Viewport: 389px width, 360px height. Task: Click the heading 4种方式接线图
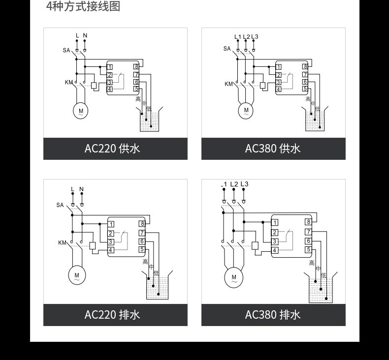83,7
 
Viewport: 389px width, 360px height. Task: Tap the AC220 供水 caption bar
115,149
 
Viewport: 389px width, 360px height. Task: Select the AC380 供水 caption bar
273,149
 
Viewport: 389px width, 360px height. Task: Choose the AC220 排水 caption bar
115,314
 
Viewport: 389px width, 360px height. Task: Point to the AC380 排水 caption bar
273,314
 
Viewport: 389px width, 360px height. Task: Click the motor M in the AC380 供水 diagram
246,111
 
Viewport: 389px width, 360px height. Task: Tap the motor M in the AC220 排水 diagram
76,275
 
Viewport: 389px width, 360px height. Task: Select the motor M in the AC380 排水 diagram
234,278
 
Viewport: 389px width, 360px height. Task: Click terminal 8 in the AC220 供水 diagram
136,67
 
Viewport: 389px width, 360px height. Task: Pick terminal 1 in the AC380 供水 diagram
279,67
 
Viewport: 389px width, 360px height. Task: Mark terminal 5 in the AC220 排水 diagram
142,250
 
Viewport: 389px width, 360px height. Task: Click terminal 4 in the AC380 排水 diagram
275,250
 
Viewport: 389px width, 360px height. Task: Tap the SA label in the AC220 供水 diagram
66,50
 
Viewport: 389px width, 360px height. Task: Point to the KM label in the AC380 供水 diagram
229,84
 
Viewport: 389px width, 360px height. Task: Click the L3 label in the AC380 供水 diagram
255,37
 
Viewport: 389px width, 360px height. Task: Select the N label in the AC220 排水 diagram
82,189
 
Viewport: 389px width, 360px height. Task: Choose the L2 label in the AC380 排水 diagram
234,184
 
